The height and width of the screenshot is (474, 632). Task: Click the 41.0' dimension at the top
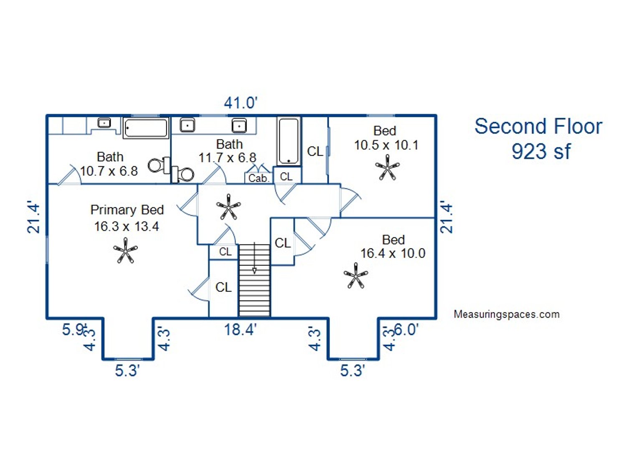pos(241,103)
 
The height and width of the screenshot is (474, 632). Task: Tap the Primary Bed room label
pos(127,210)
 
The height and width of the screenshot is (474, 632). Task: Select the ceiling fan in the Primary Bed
pos(125,251)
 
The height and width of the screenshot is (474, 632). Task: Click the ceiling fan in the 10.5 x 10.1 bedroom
pos(387,167)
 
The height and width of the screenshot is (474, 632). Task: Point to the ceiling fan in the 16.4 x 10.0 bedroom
pos(355,276)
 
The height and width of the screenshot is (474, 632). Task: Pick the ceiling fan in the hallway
pos(228,207)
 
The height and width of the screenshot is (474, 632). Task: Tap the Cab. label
pos(259,178)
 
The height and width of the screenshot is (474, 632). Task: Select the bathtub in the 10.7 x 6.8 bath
pos(146,128)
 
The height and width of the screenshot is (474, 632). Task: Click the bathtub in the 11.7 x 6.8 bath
pos(289,141)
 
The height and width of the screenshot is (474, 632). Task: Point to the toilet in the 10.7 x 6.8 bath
pos(159,166)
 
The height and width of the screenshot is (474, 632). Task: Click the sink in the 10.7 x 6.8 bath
pos(104,123)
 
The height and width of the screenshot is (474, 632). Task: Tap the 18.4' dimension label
pos(240,330)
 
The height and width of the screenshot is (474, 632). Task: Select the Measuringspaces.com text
pos(506,314)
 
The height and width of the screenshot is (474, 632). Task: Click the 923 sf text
pos(541,151)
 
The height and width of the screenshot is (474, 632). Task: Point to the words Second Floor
pos(538,126)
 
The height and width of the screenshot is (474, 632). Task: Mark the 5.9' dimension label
pos(74,329)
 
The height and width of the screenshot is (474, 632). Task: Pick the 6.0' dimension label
pos(406,330)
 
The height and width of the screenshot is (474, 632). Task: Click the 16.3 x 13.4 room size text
pos(127,226)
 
